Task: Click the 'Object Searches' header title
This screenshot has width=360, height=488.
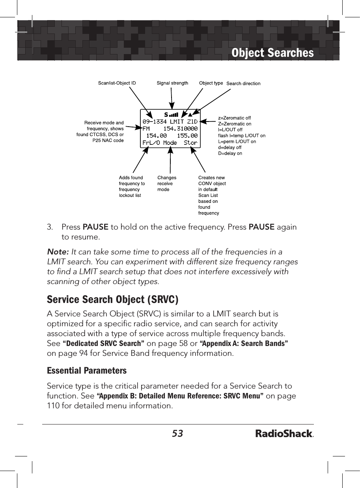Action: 272,53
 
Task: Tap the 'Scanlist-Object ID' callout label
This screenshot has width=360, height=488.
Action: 117,83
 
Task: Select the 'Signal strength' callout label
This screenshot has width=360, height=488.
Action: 172,83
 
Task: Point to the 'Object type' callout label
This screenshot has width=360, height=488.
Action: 211,83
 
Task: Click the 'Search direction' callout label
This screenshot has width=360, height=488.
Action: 243,84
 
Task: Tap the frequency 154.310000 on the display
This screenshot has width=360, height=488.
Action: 180,129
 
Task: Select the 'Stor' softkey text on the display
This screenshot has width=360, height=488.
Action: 190,142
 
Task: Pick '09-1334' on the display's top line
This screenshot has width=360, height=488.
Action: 155,122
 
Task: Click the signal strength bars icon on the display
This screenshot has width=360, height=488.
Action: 173,115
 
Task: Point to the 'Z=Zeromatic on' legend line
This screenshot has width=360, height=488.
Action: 235,124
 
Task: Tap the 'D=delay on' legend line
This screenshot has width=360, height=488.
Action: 230,153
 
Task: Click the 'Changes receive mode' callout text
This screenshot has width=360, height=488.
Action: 167,183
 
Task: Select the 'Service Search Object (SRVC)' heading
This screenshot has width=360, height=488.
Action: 112,299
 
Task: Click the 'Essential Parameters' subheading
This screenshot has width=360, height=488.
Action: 87,371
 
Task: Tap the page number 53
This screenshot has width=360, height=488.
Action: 177,434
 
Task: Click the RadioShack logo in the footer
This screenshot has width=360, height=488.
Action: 284,434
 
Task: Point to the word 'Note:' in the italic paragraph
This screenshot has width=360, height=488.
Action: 58,252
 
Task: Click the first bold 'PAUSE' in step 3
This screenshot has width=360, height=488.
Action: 95,227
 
